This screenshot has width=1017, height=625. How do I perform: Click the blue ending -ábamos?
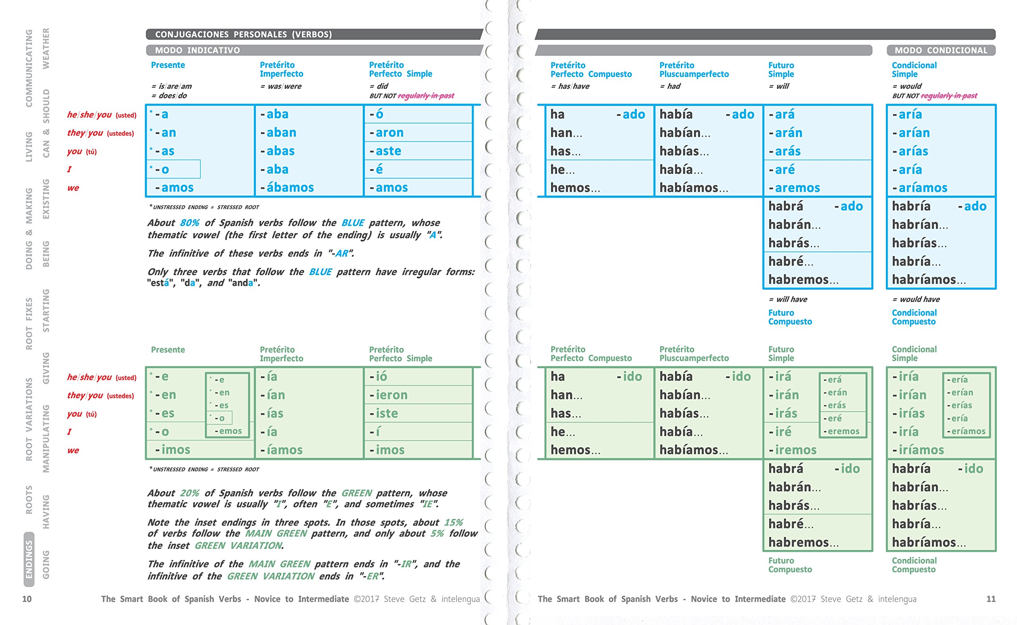coord(287,188)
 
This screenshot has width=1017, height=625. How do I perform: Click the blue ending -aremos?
coord(794,188)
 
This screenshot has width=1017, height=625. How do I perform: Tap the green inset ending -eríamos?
coord(966,431)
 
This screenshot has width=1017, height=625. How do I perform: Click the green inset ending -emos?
coord(228,431)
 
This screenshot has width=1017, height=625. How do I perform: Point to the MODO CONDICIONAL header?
coord(940,50)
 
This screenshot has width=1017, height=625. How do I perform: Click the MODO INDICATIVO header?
coord(197,50)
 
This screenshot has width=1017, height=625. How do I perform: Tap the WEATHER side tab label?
coord(46,48)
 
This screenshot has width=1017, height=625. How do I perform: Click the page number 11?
coord(990,599)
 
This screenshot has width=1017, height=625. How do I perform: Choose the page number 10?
coord(27,599)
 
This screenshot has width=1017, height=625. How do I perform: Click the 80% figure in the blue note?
coord(189,223)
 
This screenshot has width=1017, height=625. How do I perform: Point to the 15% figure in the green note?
coord(453,523)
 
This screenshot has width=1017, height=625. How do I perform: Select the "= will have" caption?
coord(788,299)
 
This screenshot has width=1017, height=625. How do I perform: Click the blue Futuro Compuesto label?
coord(790,317)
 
